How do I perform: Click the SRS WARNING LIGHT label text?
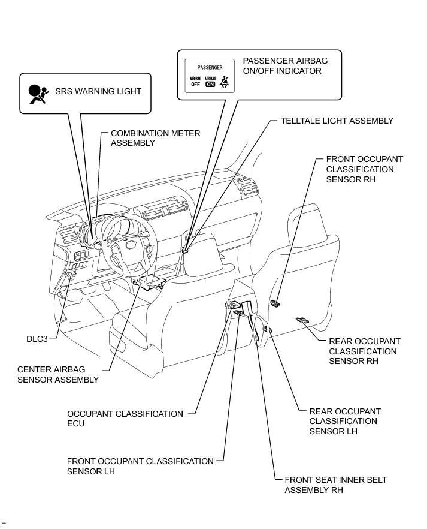click(x=98, y=92)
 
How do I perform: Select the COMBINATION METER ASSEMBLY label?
click(x=155, y=138)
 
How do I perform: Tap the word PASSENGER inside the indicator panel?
click(x=209, y=68)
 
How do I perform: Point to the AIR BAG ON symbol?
click(x=210, y=81)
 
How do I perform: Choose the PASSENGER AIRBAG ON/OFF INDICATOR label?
click(x=284, y=66)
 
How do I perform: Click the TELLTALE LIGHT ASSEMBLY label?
click(x=337, y=121)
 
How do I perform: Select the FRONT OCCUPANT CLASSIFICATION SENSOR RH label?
click(x=364, y=169)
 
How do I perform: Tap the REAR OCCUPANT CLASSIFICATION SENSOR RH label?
click(x=364, y=351)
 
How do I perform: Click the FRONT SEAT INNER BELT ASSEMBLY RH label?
click(x=335, y=485)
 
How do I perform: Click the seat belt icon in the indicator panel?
click(x=225, y=81)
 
